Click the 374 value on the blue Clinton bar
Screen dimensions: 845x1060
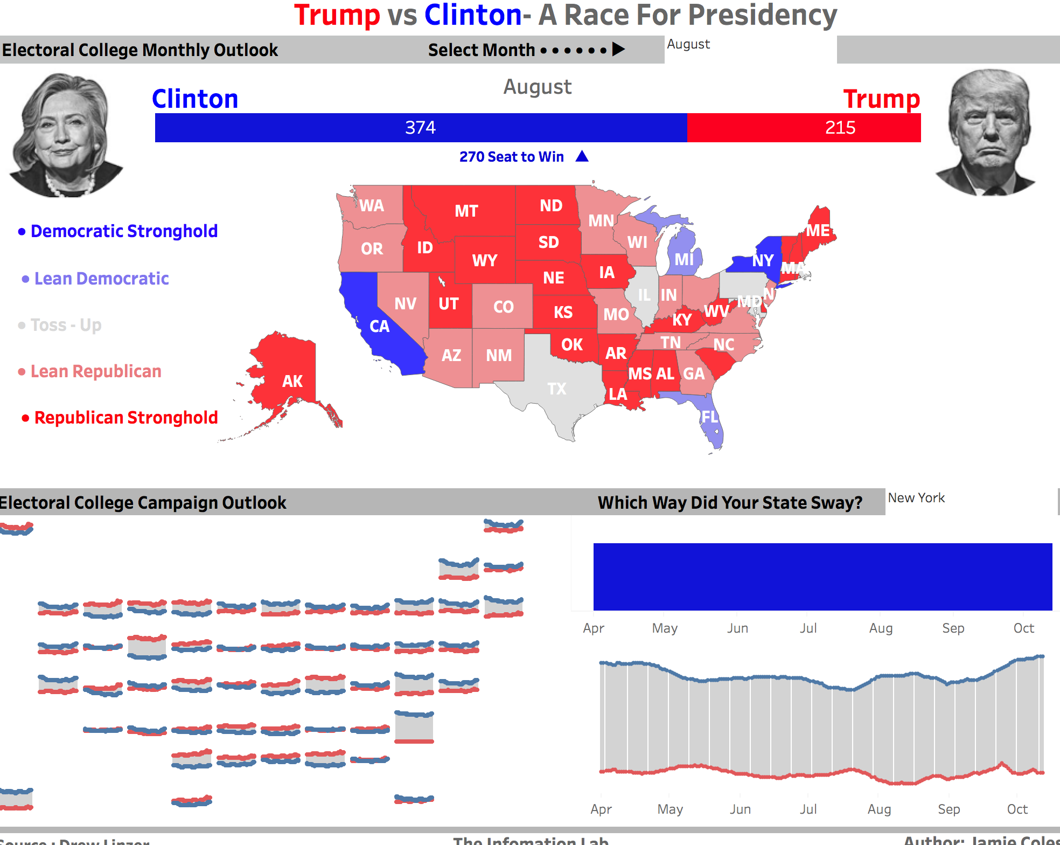tap(420, 128)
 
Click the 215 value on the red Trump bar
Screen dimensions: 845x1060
tap(840, 128)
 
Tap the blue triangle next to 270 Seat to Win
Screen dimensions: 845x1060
tap(582, 156)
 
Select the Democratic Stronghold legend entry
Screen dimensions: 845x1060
tap(124, 231)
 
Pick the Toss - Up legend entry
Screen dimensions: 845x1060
tap(66, 325)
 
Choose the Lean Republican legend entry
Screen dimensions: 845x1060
tap(95, 371)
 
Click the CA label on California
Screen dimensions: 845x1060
tap(379, 326)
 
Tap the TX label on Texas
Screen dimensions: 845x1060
tap(557, 389)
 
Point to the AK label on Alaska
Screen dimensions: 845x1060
tap(292, 382)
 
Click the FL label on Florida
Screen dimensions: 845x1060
tap(709, 417)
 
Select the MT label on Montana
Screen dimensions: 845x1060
tap(466, 211)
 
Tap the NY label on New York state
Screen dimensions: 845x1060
tap(763, 261)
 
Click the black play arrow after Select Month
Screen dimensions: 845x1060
tap(619, 50)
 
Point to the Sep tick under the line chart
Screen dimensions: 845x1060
tap(949, 809)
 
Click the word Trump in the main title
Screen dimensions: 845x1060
tap(337, 15)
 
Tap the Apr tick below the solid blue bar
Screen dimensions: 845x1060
tap(594, 628)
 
